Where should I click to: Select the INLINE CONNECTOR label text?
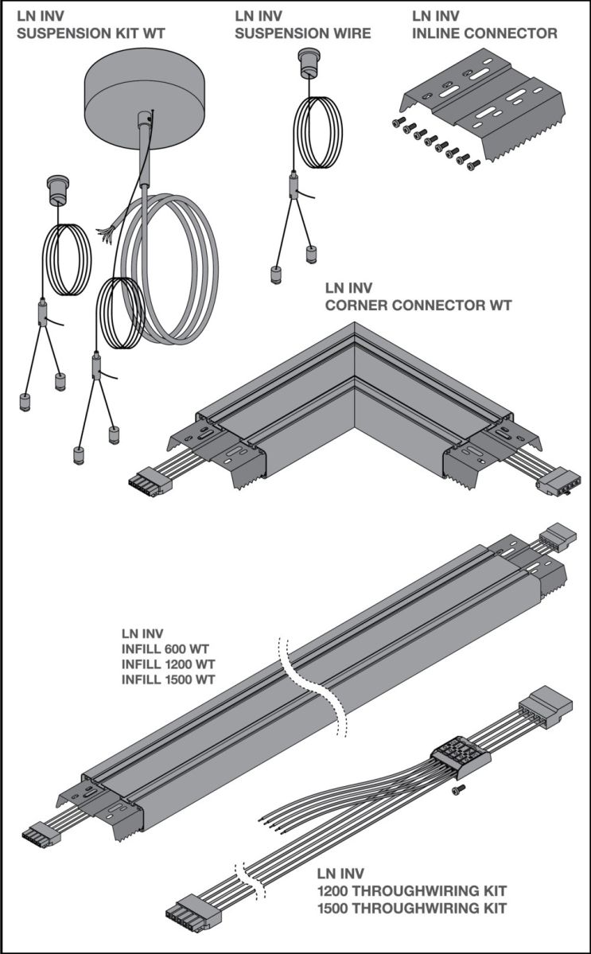coord(484,33)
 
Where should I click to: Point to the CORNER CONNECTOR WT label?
coord(418,304)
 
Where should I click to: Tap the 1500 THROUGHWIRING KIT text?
coord(411,906)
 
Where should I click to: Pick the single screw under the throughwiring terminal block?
coord(457,789)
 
